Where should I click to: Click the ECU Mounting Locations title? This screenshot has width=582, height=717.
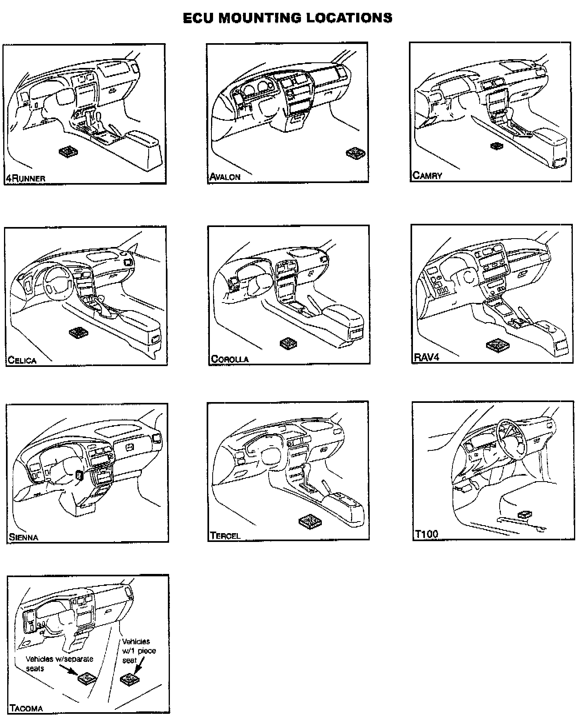287,18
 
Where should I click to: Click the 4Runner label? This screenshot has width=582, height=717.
25,178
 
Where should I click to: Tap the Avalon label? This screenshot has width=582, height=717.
225,177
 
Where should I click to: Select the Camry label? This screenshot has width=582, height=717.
427,175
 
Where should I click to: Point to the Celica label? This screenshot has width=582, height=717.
22,360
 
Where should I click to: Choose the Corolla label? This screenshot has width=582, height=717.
230,359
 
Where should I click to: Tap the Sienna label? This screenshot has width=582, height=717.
24,537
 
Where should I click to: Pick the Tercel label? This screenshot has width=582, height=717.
225,536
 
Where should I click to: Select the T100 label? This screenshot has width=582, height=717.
427,534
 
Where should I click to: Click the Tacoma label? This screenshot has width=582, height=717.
26,709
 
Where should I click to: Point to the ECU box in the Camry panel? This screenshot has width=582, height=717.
498,146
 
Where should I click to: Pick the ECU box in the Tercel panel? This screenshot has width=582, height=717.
310,520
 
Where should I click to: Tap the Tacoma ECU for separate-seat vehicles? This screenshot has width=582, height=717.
87,678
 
